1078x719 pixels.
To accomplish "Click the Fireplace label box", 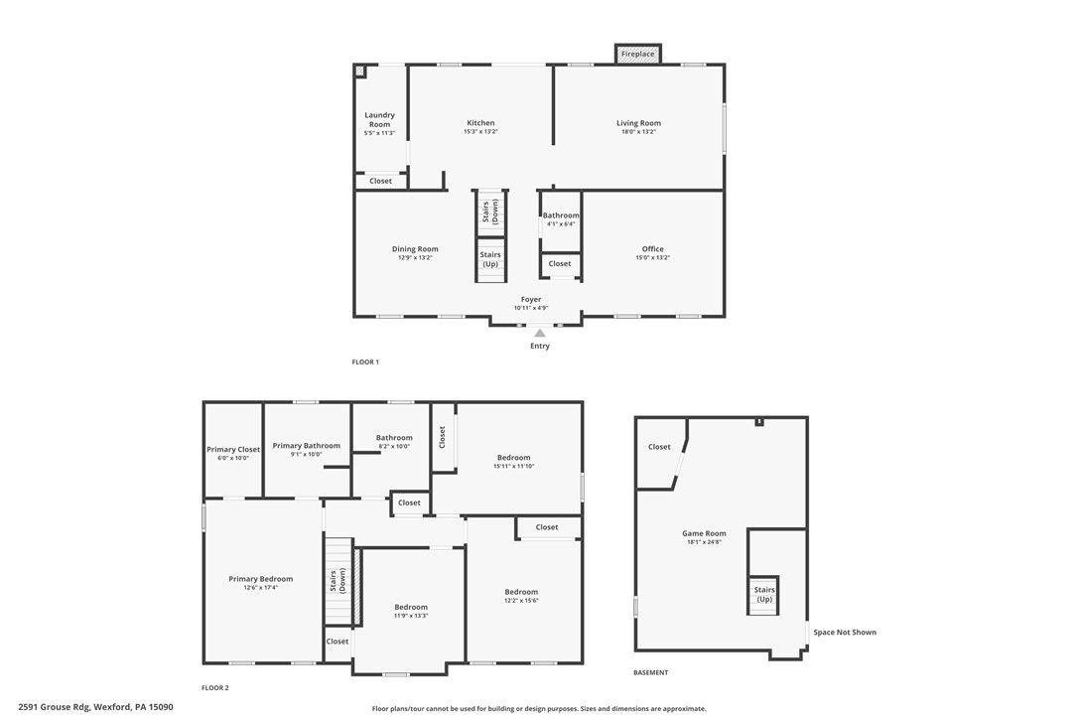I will (637, 54).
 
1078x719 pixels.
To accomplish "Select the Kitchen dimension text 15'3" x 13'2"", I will (480, 132).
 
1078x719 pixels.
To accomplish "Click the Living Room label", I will (638, 123).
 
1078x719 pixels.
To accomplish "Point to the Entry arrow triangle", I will (540, 334).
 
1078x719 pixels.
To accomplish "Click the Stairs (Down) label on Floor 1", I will (490, 213).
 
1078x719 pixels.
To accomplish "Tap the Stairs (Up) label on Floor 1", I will (490, 259).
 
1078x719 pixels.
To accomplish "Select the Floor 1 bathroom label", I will (561, 216).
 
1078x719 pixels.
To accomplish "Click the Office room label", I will (652, 249).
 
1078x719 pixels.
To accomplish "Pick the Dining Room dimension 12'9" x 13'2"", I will (415, 258).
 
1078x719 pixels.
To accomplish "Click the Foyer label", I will (531, 299).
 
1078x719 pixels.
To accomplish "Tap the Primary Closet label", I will (233, 449).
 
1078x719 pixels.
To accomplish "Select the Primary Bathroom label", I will (307, 446).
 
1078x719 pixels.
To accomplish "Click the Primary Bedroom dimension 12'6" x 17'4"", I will (261, 588).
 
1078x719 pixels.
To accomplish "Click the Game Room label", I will (704, 533).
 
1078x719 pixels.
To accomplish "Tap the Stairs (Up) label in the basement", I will (764, 594).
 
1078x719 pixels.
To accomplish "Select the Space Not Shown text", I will (845, 633).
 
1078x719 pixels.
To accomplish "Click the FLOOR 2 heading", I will (215, 688).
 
